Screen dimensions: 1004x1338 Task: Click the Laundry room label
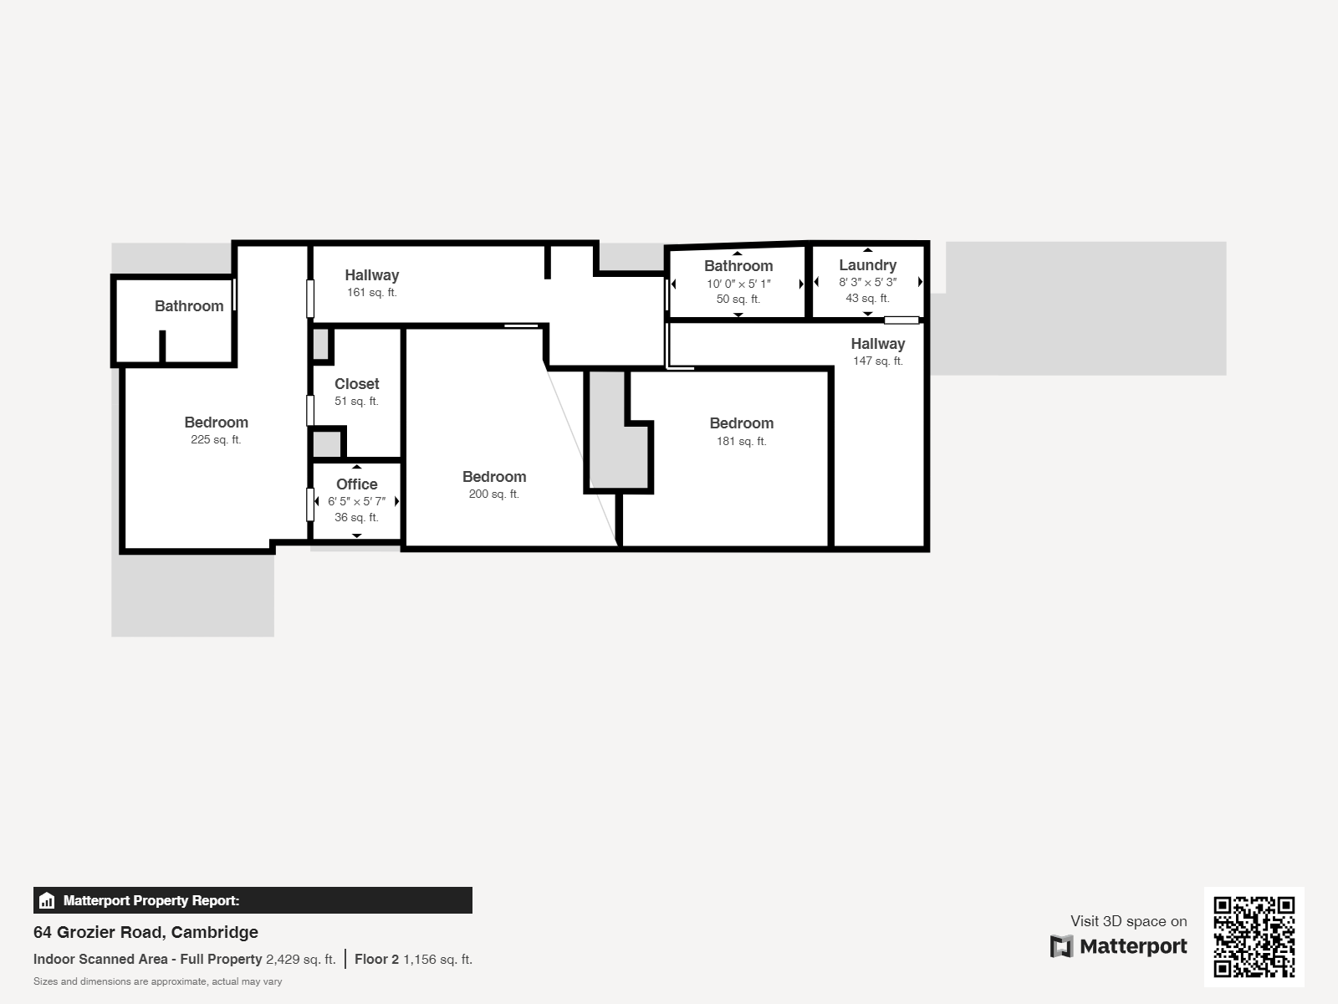(867, 265)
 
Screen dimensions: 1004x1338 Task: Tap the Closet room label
(357, 384)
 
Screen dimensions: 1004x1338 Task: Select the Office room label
(357, 484)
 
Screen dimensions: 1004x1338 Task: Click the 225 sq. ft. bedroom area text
(216, 440)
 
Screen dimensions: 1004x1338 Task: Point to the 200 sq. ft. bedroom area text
(493, 494)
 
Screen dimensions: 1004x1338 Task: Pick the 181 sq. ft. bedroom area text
(741, 441)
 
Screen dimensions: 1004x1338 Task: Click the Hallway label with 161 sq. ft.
(371, 275)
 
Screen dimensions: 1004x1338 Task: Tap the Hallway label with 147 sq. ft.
(877, 344)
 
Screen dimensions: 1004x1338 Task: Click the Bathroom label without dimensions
(189, 306)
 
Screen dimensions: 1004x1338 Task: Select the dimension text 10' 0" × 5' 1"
(738, 284)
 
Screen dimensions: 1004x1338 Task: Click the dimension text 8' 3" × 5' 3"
(867, 283)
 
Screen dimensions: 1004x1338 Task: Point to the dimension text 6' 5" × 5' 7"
(356, 502)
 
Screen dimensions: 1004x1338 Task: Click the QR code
(1254, 936)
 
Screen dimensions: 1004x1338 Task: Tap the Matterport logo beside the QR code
(1119, 946)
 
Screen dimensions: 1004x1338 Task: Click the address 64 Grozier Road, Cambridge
(146, 932)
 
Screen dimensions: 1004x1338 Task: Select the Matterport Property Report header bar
(253, 900)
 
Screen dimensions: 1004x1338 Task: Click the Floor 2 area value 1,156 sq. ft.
(437, 960)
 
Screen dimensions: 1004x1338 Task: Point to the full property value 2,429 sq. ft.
(300, 960)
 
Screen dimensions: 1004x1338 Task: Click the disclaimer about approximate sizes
(157, 981)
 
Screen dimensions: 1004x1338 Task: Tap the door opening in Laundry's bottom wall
(901, 320)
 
